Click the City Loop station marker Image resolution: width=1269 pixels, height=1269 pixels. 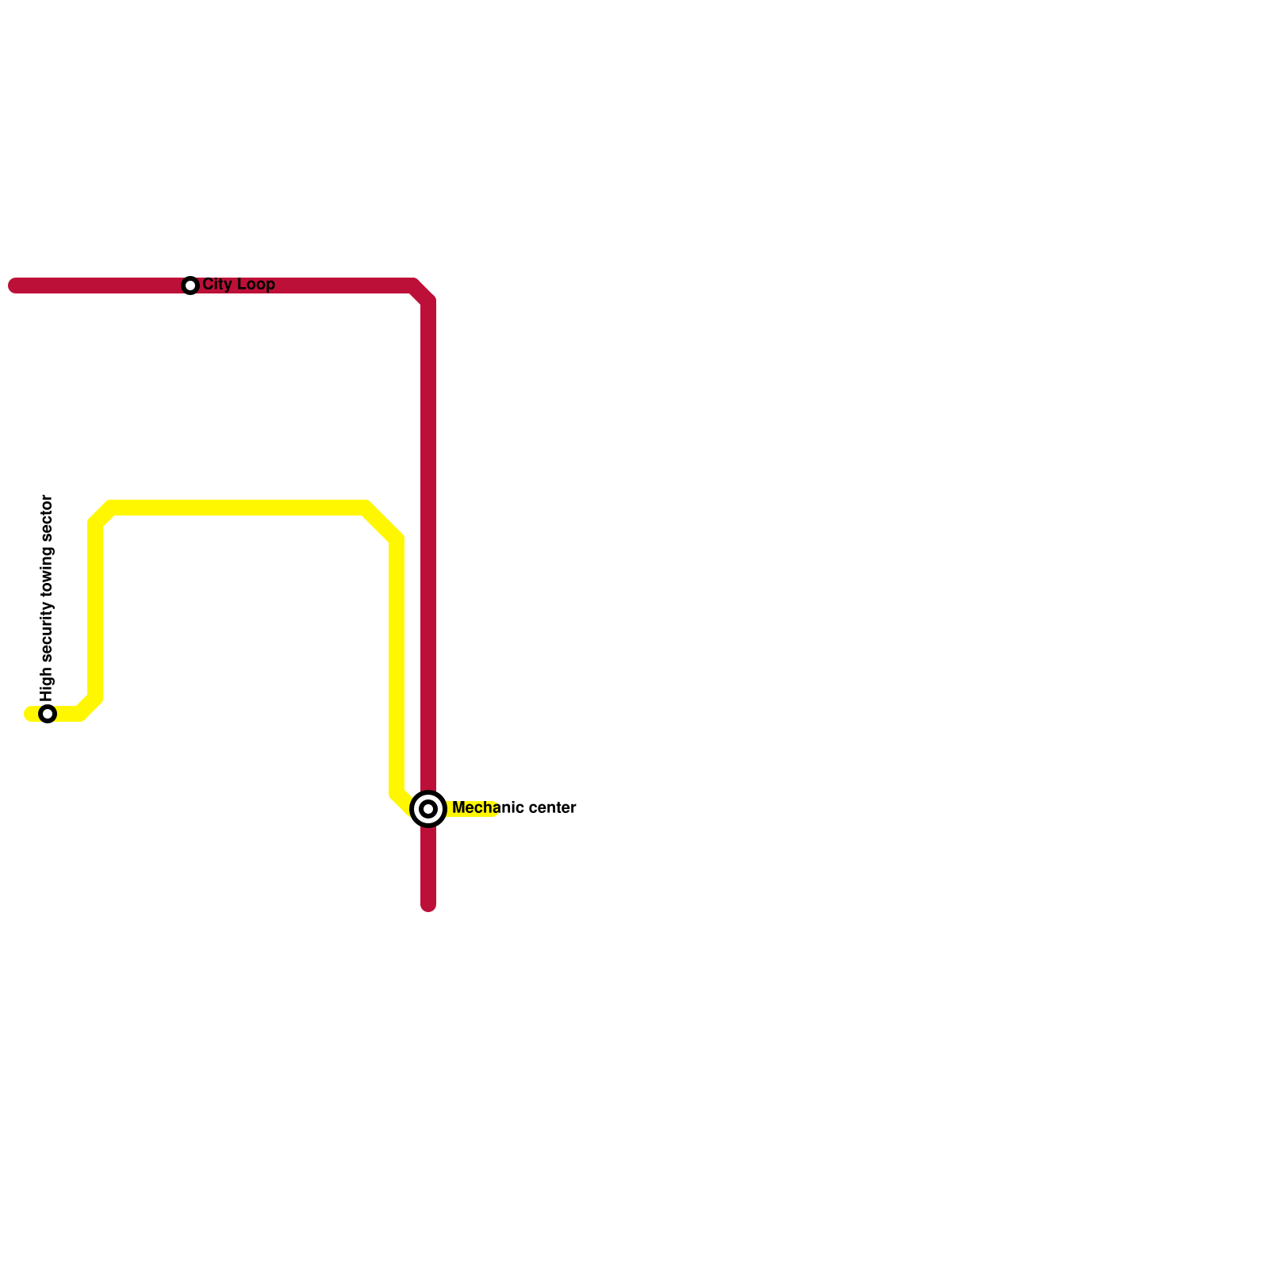pyautogui.click(x=190, y=286)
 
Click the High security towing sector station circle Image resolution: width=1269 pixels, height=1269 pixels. pyautogui.click(x=48, y=714)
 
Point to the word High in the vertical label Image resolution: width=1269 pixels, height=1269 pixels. pyautogui.click(x=47, y=684)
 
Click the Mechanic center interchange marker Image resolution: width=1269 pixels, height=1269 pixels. pyautogui.click(x=428, y=809)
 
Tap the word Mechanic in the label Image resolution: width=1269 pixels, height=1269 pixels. pyautogui.click(x=484, y=808)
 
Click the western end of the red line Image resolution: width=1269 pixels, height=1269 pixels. pyautogui.click(x=14, y=286)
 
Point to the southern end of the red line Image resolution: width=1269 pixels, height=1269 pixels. pyautogui.click(x=428, y=906)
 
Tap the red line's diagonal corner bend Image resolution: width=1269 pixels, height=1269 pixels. pyautogui.click(x=422, y=293)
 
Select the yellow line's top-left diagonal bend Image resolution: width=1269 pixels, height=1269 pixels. pyautogui.click(x=102, y=516)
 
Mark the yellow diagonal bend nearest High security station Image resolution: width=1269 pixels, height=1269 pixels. pyautogui.click(x=90, y=707)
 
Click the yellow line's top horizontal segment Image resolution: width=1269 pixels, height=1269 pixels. pyautogui.click(x=238, y=508)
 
